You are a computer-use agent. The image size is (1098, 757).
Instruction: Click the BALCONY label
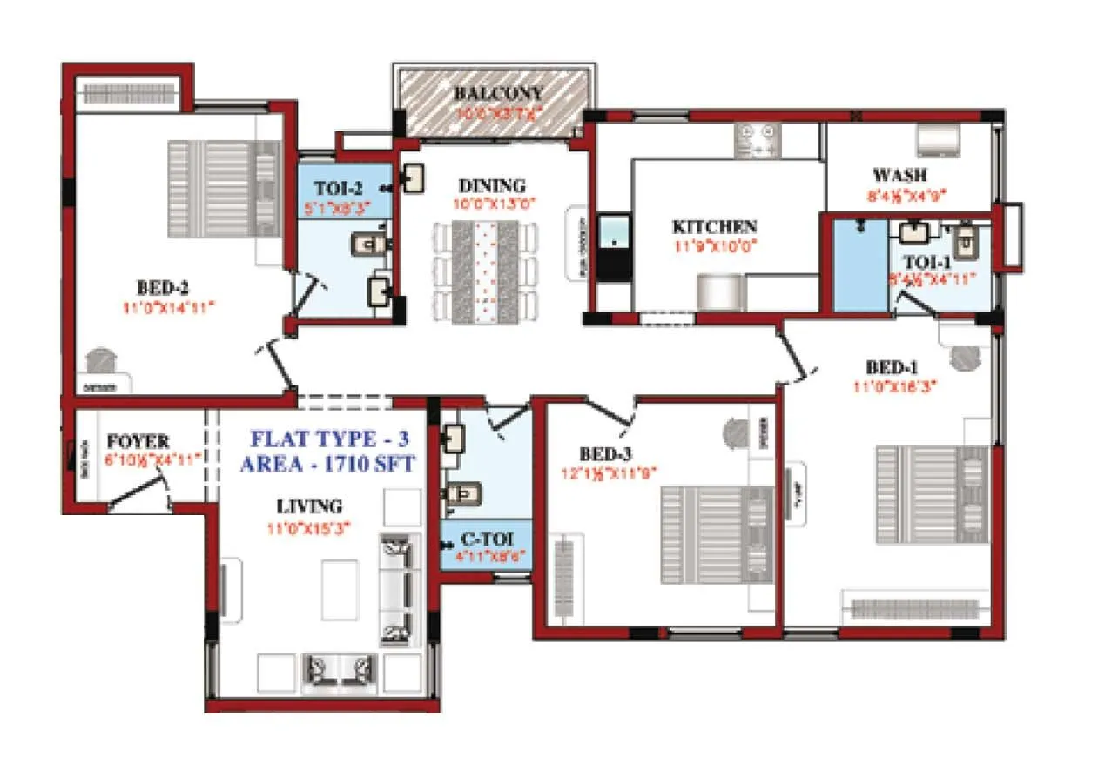pyautogui.click(x=497, y=94)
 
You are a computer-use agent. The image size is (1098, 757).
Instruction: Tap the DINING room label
pyautogui.click(x=492, y=185)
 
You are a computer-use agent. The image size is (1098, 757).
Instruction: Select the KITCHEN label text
pyautogui.click(x=714, y=226)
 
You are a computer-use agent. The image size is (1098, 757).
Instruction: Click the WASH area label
pyautogui.click(x=899, y=176)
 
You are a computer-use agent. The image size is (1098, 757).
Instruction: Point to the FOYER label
pyautogui.click(x=138, y=442)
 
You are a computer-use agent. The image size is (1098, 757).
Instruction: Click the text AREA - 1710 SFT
pyautogui.click(x=327, y=463)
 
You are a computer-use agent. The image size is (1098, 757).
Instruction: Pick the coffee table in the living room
pyautogui.click(x=340, y=587)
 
